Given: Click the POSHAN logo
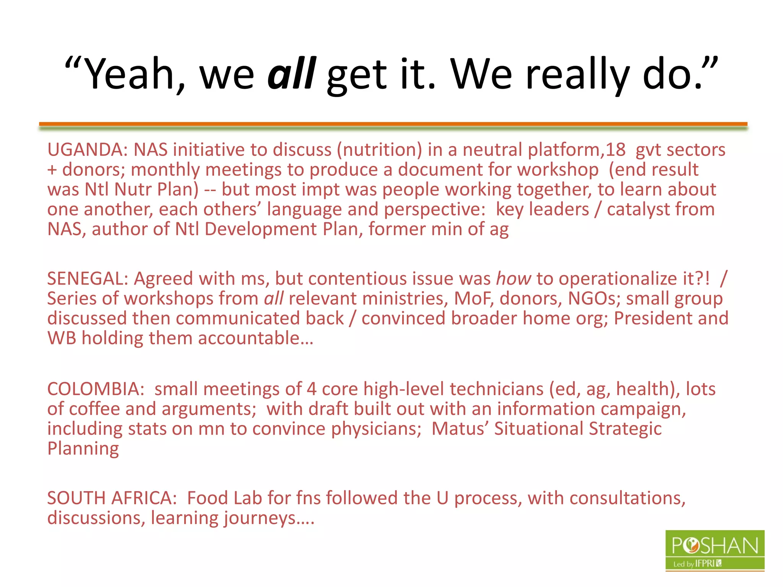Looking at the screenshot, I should pyautogui.click(x=715, y=550).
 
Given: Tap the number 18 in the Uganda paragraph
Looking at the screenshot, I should pyautogui.click(x=615, y=149).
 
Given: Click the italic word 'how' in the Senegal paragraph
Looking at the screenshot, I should pyautogui.click(x=513, y=279).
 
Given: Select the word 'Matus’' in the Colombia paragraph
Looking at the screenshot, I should pyautogui.click(x=460, y=429).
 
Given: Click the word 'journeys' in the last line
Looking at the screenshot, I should pyautogui.click(x=260, y=518).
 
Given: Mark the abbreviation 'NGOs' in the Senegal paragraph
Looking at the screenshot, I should pyautogui.click(x=594, y=298).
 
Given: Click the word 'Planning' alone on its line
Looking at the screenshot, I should pyautogui.click(x=83, y=449).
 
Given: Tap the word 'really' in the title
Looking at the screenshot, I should pyautogui.click(x=577, y=73).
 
